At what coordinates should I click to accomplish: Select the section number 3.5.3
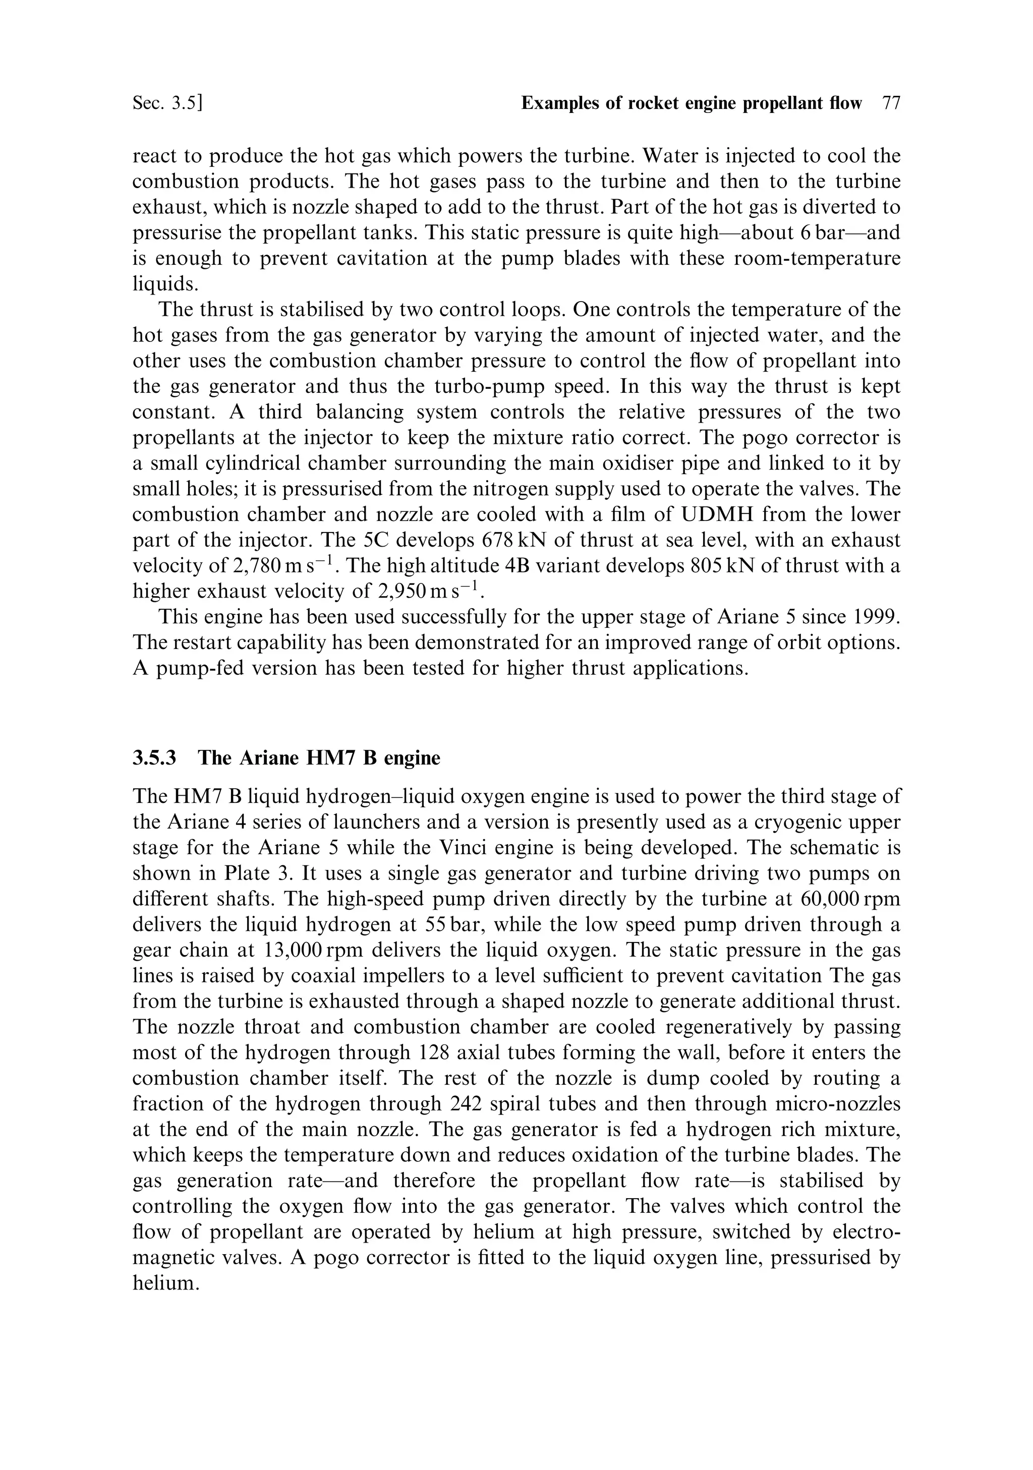[154, 758]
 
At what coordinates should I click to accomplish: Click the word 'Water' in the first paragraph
[672, 156]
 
